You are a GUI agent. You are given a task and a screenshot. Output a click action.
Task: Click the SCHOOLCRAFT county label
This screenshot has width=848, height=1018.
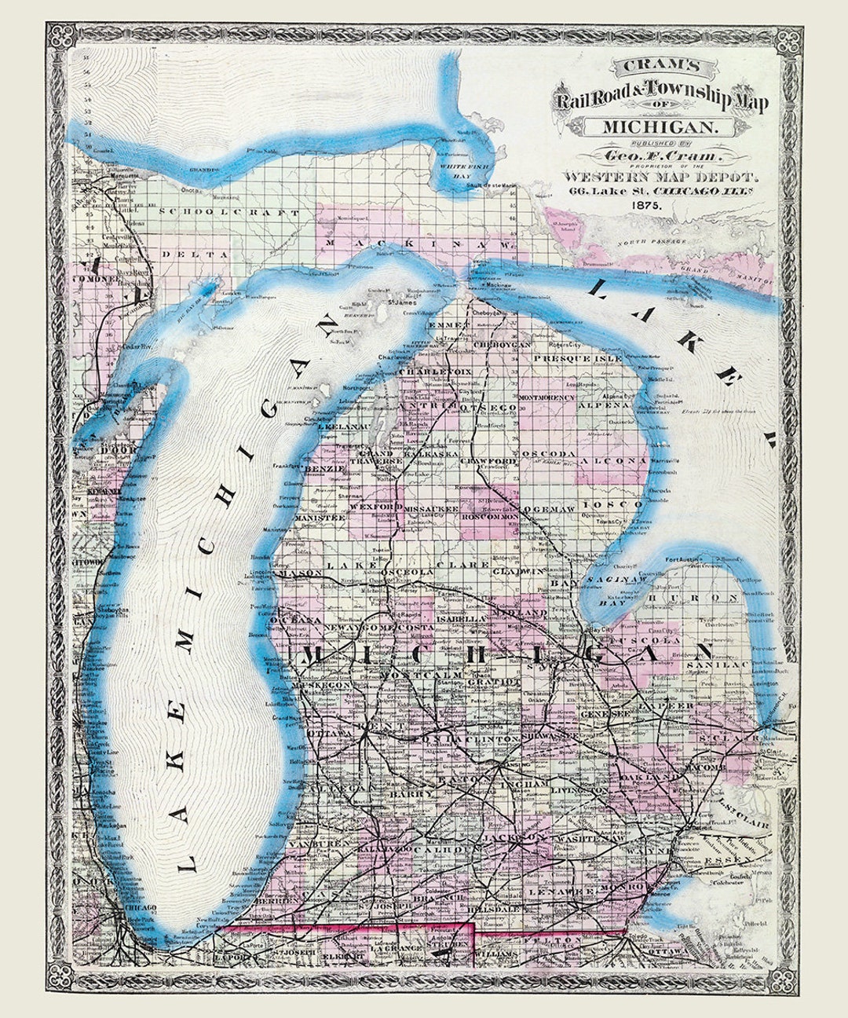228,213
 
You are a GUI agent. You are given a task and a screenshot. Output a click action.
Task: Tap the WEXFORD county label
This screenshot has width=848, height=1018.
371,508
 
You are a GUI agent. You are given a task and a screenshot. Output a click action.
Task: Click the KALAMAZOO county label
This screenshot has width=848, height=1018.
384,851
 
